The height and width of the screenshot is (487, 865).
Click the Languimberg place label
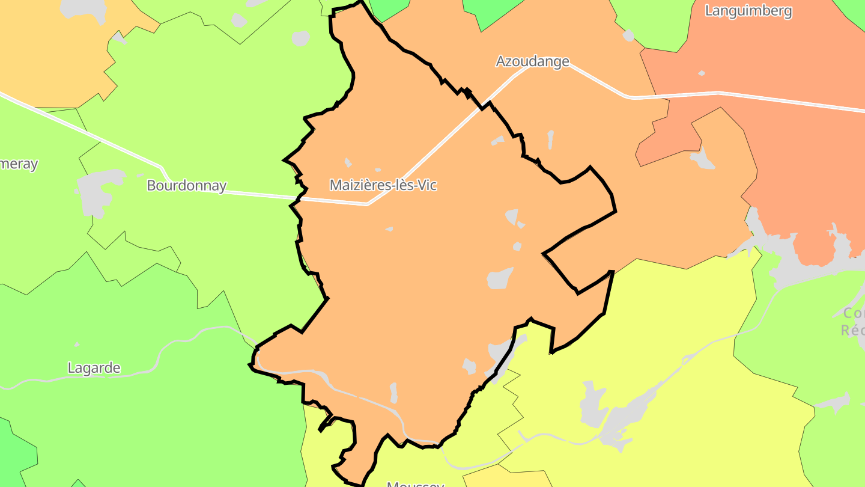coord(748,11)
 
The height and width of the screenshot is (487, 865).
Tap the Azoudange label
coord(532,61)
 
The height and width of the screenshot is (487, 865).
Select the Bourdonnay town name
coord(186,186)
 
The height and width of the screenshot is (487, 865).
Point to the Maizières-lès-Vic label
coord(383,185)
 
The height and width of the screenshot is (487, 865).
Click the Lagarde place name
coord(94,368)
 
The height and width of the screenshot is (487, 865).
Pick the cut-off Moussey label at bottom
coord(416,483)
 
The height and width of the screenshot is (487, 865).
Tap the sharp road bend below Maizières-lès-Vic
coord(367,204)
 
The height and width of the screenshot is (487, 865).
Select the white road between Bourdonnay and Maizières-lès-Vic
coord(264,195)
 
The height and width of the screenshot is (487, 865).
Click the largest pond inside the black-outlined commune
coord(500,278)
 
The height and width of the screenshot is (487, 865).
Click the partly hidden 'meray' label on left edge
coord(18,164)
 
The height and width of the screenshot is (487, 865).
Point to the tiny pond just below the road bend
coord(389,229)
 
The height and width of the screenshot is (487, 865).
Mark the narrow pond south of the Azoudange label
coord(550,139)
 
